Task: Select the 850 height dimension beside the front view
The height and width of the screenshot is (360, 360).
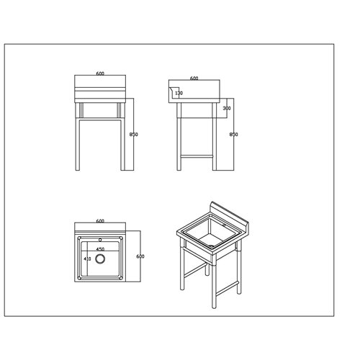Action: pos(132,135)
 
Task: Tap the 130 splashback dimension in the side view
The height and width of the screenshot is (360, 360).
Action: pos(179,94)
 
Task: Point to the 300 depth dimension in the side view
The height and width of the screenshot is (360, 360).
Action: pos(227,109)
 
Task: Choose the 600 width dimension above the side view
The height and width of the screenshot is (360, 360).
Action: pos(194,78)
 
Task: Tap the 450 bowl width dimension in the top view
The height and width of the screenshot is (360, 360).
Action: pos(100,248)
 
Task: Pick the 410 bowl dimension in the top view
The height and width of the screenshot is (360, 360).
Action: pos(87,258)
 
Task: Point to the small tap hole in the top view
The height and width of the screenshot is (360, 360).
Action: pos(101,237)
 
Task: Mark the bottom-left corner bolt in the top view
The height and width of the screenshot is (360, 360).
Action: pos(78,278)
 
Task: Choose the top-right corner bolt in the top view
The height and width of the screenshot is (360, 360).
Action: pos(123,236)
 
